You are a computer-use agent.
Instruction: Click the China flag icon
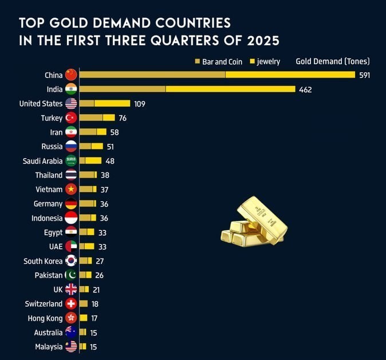(x=71, y=75)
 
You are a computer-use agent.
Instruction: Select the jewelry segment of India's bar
(x=230, y=89)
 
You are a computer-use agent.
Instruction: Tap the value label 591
(x=365, y=75)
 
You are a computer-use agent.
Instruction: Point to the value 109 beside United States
(x=140, y=104)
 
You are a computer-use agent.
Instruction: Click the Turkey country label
(x=52, y=118)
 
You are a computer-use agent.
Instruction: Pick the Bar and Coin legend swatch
(x=198, y=61)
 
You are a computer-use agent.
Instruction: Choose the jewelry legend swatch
(x=253, y=61)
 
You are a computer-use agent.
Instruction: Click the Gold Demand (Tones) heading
(x=333, y=61)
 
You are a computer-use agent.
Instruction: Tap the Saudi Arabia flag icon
(x=71, y=161)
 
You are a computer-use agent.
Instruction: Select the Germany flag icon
(x=71, y=204)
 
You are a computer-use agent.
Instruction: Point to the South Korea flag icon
(x=71, y=261)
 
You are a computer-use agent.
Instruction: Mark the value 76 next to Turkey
(x=123, y=118)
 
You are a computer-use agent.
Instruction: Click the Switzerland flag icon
(x=71, y=304)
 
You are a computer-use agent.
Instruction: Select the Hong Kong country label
(x=45, y=318)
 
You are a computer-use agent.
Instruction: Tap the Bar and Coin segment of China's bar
(x=152, y=75)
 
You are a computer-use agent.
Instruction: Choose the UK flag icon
(x=71, y=289)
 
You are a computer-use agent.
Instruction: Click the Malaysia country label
(x=49, y=346)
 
